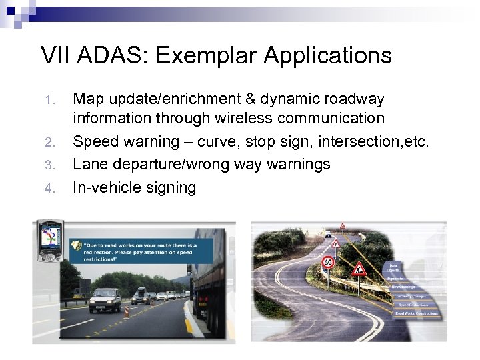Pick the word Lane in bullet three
coord(89,164)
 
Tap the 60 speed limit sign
coord(327,264)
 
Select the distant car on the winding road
coord(328,235)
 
